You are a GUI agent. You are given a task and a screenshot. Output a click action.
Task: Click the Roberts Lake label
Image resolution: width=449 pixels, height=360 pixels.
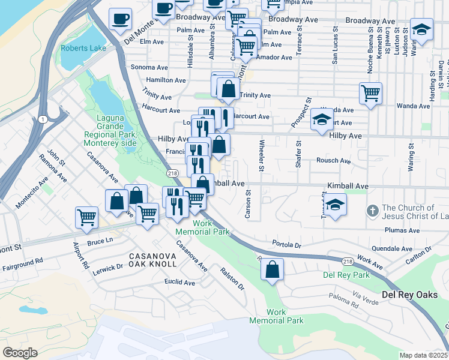(x=83, y=49)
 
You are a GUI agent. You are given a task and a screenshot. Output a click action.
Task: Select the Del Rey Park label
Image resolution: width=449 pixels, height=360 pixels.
(x=346, y=275)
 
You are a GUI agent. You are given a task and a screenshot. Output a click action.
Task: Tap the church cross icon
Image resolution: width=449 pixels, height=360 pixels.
(x=372, y=211)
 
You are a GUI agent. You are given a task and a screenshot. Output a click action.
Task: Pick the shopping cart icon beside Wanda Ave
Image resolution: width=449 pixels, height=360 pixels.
(x=371, y=93)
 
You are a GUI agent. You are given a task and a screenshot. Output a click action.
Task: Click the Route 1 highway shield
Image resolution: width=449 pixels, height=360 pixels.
(x=41, y=119)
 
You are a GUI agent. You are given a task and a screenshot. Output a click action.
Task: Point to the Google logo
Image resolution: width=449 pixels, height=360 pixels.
(x=20, y=352)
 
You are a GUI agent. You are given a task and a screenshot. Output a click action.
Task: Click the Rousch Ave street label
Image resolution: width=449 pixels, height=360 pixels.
(x=333, y=161)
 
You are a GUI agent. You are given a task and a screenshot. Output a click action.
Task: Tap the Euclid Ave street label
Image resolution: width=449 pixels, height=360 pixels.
(x=181, y=282)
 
